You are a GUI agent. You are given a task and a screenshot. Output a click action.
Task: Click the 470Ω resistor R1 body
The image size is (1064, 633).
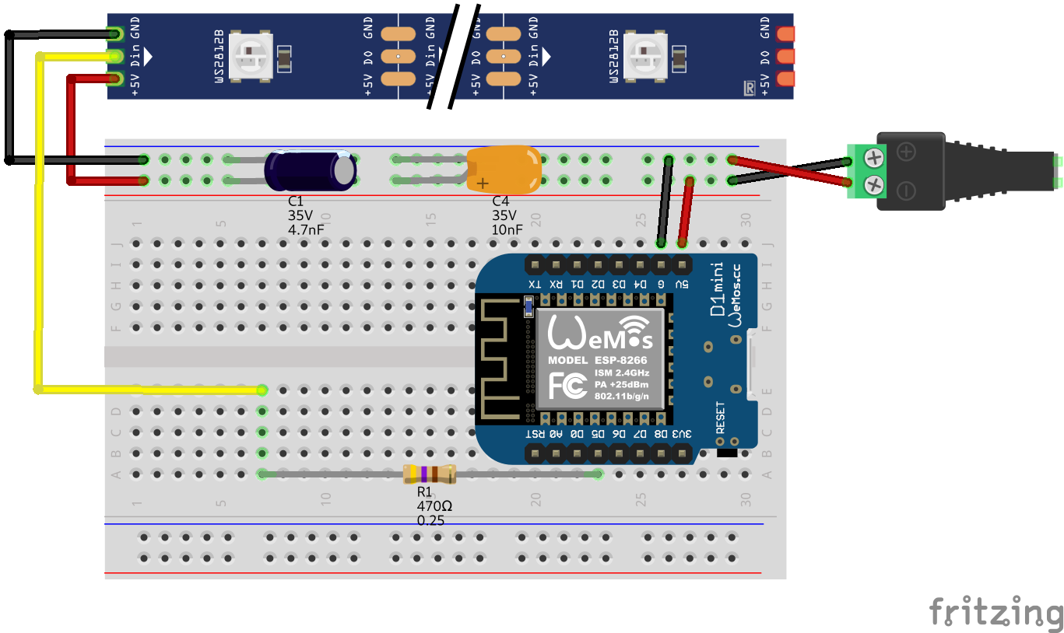coord(429,474)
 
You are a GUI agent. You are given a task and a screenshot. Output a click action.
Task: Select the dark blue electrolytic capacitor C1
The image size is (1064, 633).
coord(310,170)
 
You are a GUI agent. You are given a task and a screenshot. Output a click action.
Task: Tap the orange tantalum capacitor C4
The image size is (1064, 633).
coord(504,167)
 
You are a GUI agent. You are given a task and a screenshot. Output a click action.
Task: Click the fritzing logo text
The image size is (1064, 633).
coord(996,611)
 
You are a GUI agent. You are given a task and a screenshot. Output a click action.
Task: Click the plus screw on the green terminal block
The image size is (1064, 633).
coord(874,159)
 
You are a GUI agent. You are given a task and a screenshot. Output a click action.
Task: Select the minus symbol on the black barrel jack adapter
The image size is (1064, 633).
coord(906,190)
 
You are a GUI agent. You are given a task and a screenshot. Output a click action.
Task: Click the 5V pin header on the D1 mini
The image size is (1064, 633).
coord(682,265)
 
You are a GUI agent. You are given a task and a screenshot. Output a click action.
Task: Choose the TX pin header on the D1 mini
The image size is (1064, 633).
coord(535,265)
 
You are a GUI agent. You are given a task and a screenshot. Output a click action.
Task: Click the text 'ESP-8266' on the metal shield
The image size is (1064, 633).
coord(620,360)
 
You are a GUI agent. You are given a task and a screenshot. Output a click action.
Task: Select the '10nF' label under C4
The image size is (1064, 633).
coord(507,229)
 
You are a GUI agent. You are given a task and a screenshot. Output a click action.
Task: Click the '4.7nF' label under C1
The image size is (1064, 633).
coord(306,229)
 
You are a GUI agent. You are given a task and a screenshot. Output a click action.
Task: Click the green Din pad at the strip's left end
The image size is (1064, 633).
coord(115,56)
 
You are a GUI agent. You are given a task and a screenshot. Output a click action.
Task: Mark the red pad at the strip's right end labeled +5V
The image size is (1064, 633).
coord(785,79)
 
